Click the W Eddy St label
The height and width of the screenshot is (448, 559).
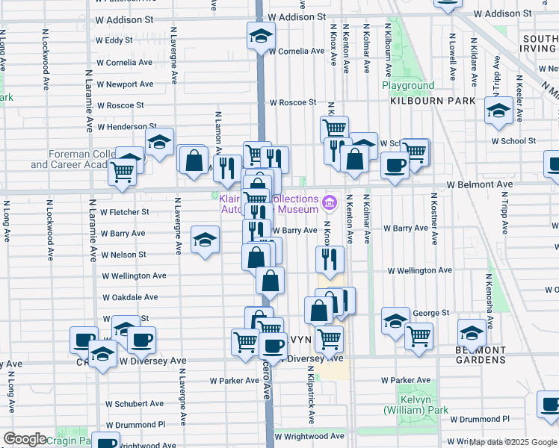click(x=114, y=40)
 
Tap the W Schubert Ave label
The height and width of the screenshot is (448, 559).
click(x=134, y=404)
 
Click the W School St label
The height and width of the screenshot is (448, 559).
click(x=513, y=140)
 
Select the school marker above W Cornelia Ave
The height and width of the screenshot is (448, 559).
click(x=262, y=35)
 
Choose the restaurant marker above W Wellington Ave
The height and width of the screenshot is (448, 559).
click(x=330, y=259)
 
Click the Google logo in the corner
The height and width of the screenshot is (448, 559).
click(x=25, y=439)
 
